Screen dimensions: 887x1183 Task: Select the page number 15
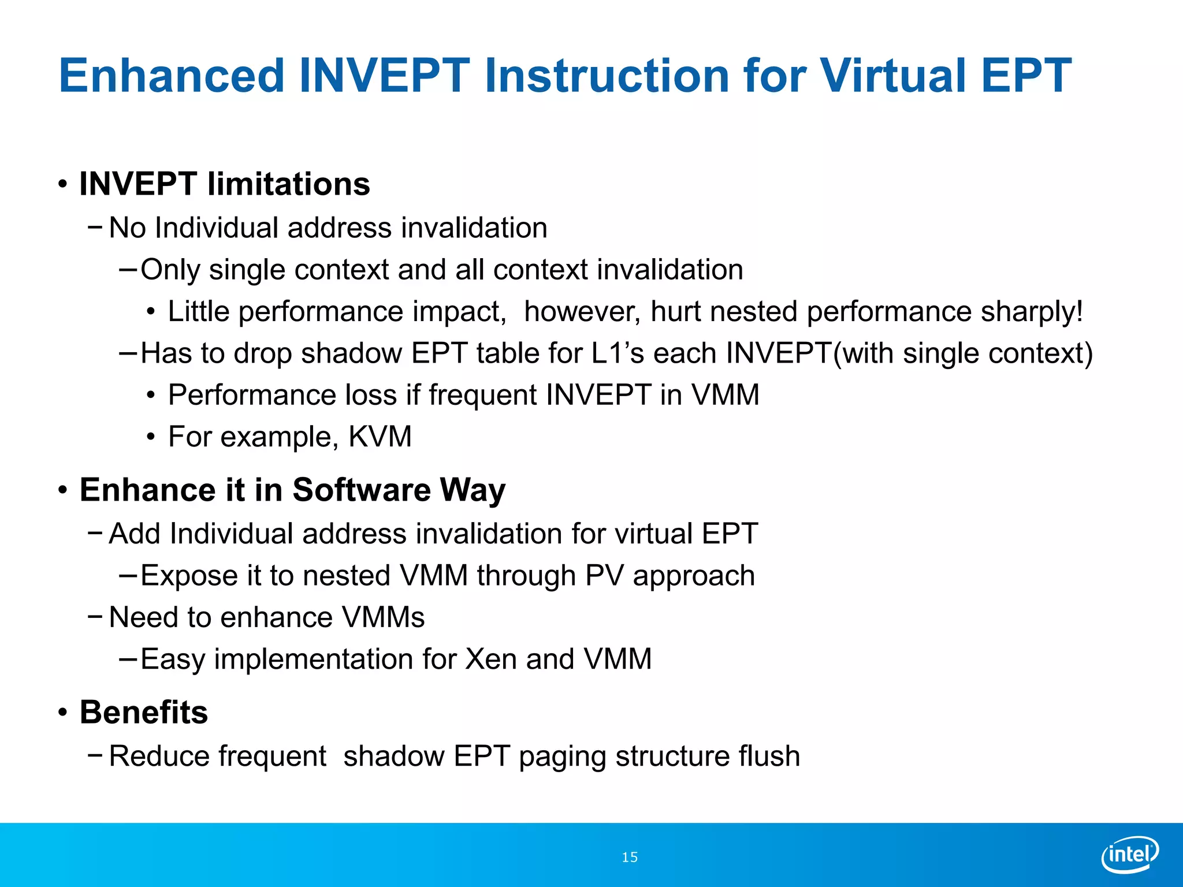[629, 857]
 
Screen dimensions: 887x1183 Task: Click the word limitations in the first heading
[288, 184]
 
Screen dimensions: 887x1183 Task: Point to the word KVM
[380, 437]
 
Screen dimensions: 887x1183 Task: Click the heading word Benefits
[144, 712]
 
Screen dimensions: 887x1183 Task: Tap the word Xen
[490, 659]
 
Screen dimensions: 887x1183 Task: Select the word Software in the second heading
[361, 490]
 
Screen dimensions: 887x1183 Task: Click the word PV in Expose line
[604, 576]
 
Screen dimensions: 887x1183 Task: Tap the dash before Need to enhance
[95, 616]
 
